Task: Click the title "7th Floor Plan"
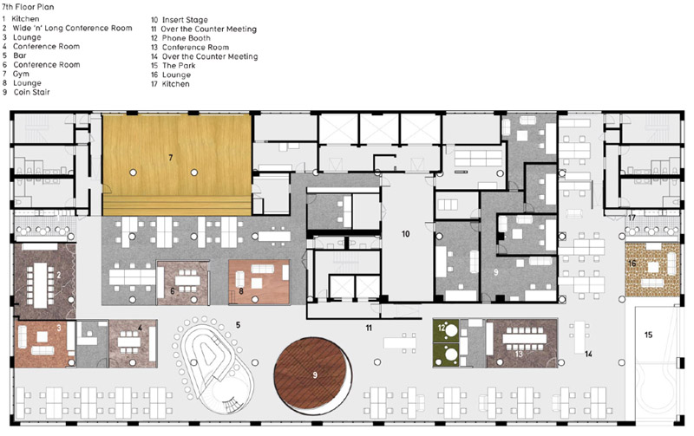pyautogui.click(x=28, y=7)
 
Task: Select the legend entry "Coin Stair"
pyautogui.click(x=31, y=93)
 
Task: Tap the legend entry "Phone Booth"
pyautogui.click(x=186, y=38)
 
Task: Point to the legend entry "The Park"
pyautogui.click(x=179, y=66)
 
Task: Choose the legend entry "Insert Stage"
pyautogui.click(x=185, y=20)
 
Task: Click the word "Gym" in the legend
pyautogui.click(x=21, y=74)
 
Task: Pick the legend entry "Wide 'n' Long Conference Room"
pyautogui.click(x=72, y=29)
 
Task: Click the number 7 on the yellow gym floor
pyautogui.click(x=170, y=158)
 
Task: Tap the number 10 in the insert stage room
pyautogui.click(x=405, y=234)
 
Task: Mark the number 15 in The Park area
pyautogui.click(x=648, y=335)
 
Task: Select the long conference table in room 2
pyautogui.click(x=40, y=285)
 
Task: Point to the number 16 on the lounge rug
pyautogui.click(x=632, y=264)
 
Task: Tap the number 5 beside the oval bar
pyautogui.click(x=238, y=325)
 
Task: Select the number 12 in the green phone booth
pyautogui.click(x=441, y=328)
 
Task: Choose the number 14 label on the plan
pyautogui.click(x=588, y=354)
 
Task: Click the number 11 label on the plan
pyautogui.click(x=369, y=329)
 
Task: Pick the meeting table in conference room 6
pyautogui.click(x=187, y=280)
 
